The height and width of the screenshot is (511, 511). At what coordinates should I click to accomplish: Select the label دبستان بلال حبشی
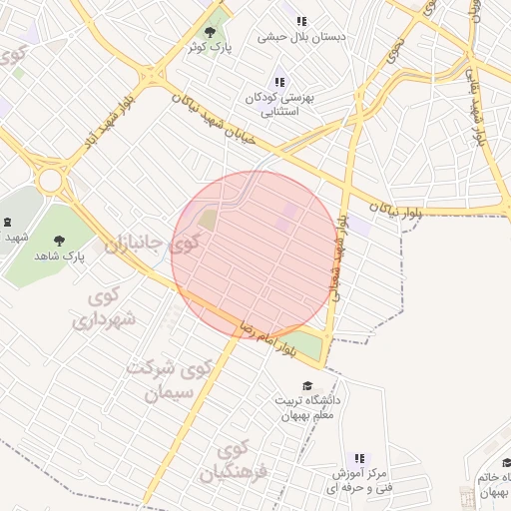pyautogui.click(x=301, y=37)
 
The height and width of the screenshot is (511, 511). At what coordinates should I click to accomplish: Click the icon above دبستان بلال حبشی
pyautogui.click(x=301, y=20)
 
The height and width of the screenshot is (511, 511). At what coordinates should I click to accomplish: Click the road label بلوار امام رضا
pyautogui.click(x=267, y=338)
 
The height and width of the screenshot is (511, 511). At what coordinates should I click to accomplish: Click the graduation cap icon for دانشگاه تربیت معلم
pyautogui.click(x=306, y=386)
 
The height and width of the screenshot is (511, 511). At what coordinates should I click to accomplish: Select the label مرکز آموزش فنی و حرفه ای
pyautogui.click(x=360, y=480)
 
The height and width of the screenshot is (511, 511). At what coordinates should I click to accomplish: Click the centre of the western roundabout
pyautogui.click(x=49, y=181)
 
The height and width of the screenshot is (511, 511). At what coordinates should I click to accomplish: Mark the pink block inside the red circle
pyautogui.click(x=288, y=218)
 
